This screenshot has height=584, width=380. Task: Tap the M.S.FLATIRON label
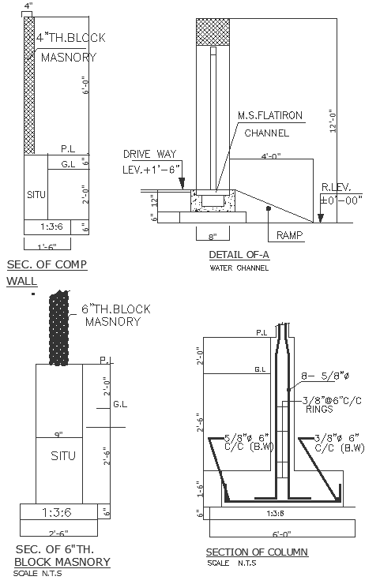(270, 116)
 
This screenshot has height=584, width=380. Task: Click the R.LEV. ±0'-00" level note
(340, 195)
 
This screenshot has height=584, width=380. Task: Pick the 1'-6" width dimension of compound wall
(51, 246)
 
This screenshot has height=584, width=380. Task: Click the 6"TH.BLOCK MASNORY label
(117, 315)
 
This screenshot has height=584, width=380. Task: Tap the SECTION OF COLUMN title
(257, 552)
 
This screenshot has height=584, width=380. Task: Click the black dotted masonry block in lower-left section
(58, 330)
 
